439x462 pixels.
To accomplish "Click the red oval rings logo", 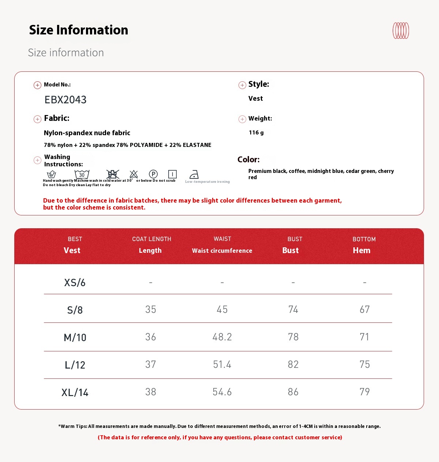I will [x=401, y=31].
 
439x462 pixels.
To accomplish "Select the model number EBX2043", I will [x=65, y=100].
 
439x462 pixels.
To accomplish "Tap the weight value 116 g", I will [x=256, y=133].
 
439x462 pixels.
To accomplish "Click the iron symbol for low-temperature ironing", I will [x=194, y=174].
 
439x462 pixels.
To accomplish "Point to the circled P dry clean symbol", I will [x=153, y=174].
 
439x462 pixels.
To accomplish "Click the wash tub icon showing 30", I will [x=82, y=174].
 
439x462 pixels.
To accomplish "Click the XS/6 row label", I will [x=75, y=282].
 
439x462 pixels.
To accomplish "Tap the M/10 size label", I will [x=75, y=337].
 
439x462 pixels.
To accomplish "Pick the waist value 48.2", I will [x=222, y=337].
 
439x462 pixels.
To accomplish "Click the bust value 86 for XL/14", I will [x=293, y=392].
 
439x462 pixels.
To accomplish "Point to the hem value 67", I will [x=365, y=310].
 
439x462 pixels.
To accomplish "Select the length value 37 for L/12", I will [x=151, y=365].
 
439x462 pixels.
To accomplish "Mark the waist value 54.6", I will [x=222, y=392].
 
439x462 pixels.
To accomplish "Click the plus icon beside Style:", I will [x=242, y=85].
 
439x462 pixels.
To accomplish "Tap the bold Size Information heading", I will [x=79, y=30].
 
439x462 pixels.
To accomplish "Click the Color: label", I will [x=248, y=160].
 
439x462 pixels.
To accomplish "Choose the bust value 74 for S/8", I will [x=293, y=310].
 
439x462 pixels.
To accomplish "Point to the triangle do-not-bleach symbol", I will [x=134, y=174].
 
